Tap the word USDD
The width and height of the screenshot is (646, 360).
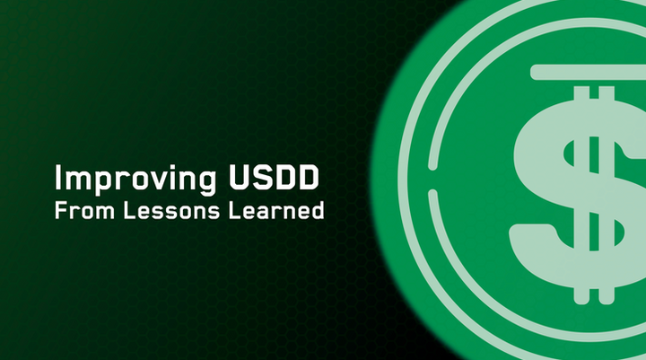[x=277, y=179]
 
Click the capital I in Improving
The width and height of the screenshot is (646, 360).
[x=59, y=179]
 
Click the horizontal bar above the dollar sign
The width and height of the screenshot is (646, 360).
[x=588, y=72]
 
